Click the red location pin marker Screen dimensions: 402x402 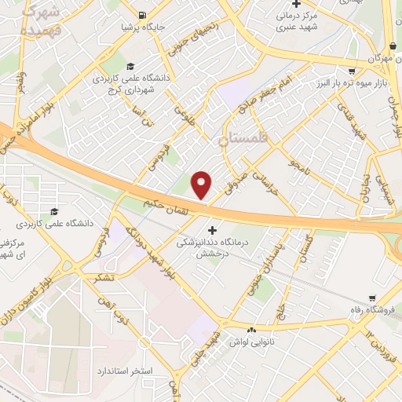pos(202,185)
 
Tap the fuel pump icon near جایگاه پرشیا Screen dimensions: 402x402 pos(141,15)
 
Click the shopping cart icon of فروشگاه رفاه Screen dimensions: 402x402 pos(371,298)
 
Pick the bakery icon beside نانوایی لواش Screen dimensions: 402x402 pos(251,331)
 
